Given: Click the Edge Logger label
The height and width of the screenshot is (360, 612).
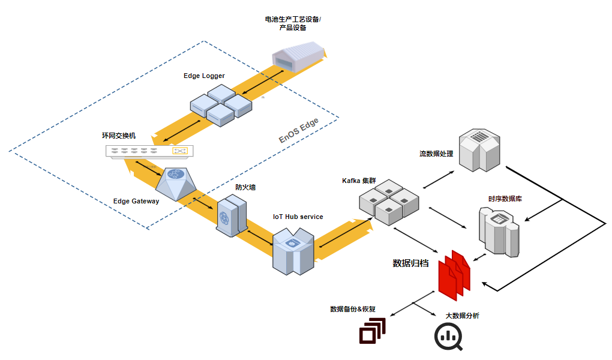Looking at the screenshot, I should [204, 76].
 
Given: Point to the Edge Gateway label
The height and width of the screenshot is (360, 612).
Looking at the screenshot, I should [136, 201].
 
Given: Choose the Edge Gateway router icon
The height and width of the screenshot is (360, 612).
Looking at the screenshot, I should [176, 183].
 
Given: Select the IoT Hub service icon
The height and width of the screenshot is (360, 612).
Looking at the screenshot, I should [292, 250].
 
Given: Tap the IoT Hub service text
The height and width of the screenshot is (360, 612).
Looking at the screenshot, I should [298, 217].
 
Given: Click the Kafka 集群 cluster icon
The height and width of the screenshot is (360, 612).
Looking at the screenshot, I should [388, 202].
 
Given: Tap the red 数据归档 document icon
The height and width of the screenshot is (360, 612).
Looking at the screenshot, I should [454, 274].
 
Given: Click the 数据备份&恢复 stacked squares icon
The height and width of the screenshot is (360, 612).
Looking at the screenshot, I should [372, 331].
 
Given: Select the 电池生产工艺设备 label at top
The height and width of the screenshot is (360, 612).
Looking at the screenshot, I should [293, 23].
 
